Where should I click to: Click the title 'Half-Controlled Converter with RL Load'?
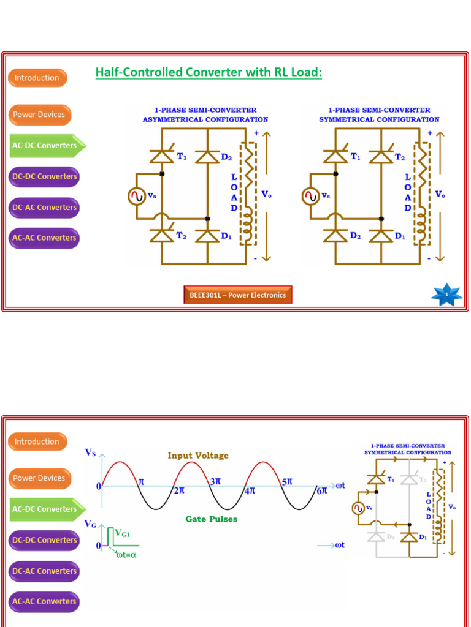209,73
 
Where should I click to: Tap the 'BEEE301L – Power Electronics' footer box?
238,295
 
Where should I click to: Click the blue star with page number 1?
446,295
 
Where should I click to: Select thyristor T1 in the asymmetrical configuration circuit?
162,157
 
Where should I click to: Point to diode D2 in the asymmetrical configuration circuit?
207,157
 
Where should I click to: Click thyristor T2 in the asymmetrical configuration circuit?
162,236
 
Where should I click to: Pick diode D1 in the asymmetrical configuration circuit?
207,236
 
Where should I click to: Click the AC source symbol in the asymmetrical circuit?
136,196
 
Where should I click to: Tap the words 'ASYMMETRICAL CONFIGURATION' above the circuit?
205,119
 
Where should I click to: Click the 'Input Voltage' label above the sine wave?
198,456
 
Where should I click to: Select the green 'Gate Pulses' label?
212,519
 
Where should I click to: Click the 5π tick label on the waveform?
287,482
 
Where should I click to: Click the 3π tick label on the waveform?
215,482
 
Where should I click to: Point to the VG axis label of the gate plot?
91,524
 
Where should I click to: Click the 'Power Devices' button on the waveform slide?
39,478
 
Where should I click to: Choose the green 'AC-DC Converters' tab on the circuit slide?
45,146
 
